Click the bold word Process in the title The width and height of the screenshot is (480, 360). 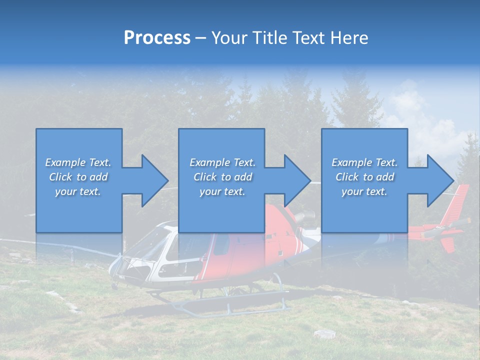click(x=157, y=38)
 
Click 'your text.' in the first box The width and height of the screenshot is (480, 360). click(x=77, y=191)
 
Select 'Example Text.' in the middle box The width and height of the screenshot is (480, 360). click(x=222, y=162)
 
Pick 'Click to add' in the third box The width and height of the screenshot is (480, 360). click(x=364, y=177)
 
